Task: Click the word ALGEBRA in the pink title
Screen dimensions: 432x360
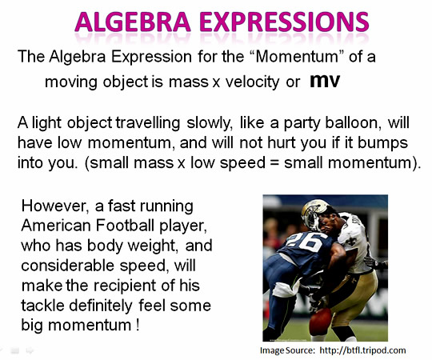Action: tap(133, 22)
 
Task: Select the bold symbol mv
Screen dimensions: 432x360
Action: tap(325, 81)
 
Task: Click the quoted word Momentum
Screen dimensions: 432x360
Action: tap(297, 57)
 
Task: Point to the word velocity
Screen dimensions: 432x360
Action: tap(252, 82)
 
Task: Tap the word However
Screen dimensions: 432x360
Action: tap(55, 206)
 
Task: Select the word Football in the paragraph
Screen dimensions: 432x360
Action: tap(125, 226)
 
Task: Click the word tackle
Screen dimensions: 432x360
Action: tap(43, 306)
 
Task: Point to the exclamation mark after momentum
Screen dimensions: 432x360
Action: tap(138, 325)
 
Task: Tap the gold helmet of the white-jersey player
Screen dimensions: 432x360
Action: tap(315, 214)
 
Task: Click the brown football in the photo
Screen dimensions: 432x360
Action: tap(321, 321)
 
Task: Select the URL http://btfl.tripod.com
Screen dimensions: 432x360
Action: tap(362, 350)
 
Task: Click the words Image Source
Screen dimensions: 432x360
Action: tap(287, 350)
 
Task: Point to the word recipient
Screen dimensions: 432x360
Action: tap(126, 286)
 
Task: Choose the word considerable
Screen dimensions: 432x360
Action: tap(67, 266)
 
